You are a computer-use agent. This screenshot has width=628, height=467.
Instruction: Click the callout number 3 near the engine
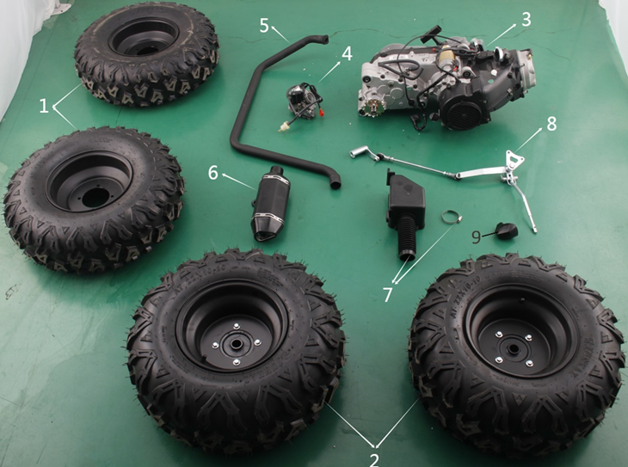(x=526, y=19)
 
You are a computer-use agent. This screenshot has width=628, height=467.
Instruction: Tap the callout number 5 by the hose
(x=264, y=25)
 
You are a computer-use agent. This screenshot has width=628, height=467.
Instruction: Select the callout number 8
(x=551, y=124)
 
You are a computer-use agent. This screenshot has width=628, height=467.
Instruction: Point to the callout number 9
(x=476, y=237)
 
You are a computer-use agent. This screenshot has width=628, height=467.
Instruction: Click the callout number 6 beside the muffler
(x=213, y=173)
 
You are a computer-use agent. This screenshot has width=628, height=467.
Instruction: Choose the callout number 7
(x=387, y=295)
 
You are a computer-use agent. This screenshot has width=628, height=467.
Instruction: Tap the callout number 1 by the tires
(x=44, y=106)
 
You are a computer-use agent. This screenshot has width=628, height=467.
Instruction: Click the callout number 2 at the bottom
(x=374, y=460)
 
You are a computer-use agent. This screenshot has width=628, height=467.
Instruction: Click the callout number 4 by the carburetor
(x=347, y=53)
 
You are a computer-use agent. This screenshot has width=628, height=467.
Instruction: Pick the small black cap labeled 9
(x=507, y=230)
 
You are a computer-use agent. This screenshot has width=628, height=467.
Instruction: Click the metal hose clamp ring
(x=451, y=217)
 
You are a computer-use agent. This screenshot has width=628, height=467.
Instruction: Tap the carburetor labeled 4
(x=304, y=102)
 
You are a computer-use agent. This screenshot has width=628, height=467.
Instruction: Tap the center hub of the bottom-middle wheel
(x=236, y=344)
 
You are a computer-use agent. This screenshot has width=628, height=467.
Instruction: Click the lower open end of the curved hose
(x=335, y=184)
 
